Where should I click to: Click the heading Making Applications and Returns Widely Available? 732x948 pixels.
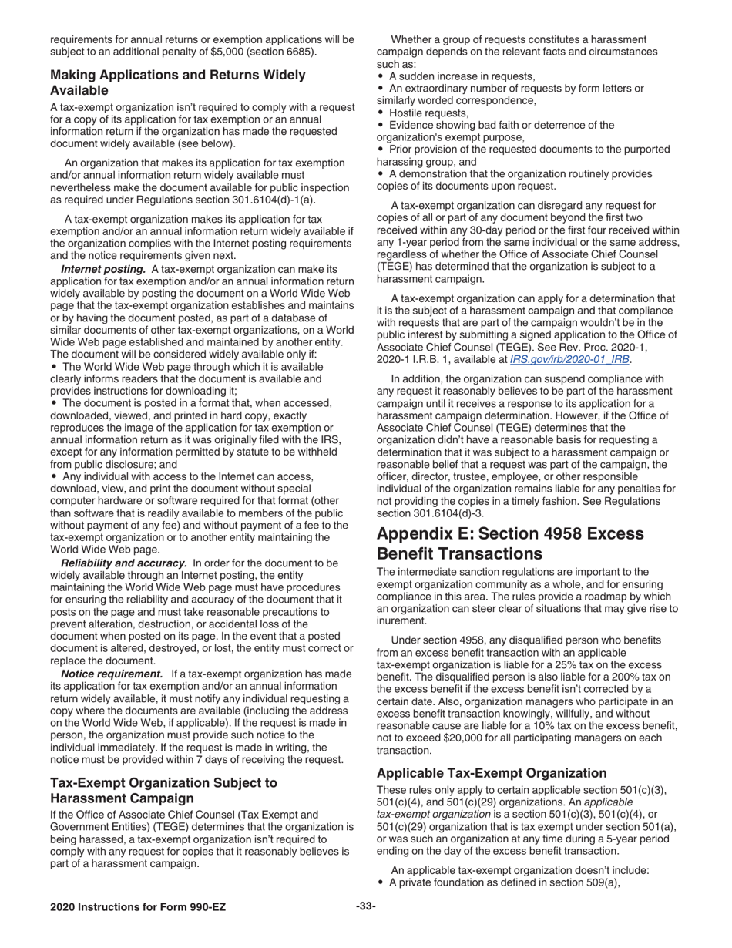177,82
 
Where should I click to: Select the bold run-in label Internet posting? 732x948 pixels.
103,269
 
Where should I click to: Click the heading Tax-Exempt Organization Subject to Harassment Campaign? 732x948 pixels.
163,790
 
